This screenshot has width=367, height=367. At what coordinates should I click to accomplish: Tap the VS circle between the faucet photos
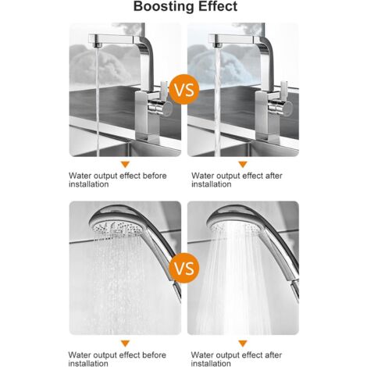point(184,89)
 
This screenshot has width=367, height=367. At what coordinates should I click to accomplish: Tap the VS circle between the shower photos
point(184,268)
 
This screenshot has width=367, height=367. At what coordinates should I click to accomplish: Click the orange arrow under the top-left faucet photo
point(125,164)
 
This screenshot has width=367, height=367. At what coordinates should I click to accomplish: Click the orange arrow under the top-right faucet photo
point(243,164)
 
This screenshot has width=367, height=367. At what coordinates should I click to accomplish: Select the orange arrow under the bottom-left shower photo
point(125,344)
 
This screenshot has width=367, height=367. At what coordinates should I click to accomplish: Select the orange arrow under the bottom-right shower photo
point(243,344)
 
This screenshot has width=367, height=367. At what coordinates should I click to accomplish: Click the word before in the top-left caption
point(155,176)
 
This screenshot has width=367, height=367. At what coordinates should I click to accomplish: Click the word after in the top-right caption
point(274,176)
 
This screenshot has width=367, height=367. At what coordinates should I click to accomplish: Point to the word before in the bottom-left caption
point(154,355)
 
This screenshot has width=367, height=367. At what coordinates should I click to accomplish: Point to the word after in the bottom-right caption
point(273,355)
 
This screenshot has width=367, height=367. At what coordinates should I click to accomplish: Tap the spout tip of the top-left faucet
point(98,45)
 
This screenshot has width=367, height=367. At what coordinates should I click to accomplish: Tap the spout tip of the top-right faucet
point(218,45)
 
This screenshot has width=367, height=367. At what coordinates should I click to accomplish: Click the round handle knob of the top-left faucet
point(167,109)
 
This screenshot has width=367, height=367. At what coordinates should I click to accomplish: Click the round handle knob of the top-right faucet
point(287,109)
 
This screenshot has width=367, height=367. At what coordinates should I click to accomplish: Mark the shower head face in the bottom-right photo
point(235,227)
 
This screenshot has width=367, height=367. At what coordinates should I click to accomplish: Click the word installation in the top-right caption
point(212,184)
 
